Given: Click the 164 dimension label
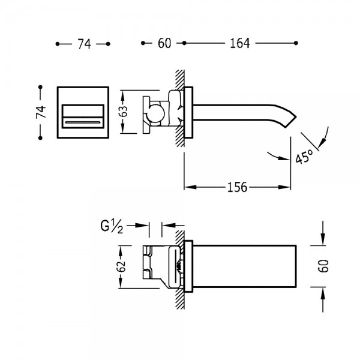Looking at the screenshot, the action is click(x=239, y=43).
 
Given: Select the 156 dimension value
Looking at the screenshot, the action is click(x=238, y=187).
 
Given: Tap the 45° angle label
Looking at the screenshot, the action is click(x=304, y=156).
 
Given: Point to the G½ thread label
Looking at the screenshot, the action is click(x=112, y=226).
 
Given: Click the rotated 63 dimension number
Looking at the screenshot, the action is click(x=124, y=112).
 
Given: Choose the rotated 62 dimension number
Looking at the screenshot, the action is click(x=122, y=266).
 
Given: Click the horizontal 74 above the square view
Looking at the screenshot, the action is click(x=84, y=44).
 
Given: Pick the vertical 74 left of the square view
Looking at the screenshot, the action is click(x=41, y=112).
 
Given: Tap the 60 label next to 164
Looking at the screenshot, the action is click(x=164, y=43).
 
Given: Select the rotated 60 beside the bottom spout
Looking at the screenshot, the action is click(x=323, y=266).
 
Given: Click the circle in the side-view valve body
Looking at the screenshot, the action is click(x=156, y=113).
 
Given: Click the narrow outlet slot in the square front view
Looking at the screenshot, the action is click(x=83, y=122).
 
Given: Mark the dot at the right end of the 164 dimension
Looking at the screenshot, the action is click(x=296, y=43).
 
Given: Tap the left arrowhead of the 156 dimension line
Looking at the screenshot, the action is click(x=190, y=187).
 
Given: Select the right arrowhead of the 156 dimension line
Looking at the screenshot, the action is click(x=284, y=187).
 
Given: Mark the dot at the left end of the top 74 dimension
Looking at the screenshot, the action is click(x=58, y=44).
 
